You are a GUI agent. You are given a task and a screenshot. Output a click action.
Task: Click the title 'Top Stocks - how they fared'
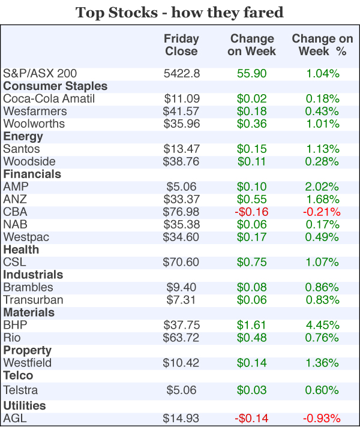[x=179, y=12]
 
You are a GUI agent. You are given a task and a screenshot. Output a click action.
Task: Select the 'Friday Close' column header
[x=181, y=45]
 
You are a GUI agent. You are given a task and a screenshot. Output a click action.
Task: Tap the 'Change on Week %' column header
[x=322, y=45]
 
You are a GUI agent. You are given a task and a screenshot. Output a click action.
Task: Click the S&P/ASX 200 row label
[x=40, y=74]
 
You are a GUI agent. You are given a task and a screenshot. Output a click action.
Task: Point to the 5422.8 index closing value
[x=181, y=74]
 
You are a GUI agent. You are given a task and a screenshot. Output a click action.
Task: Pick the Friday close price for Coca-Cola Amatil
[x=181, y=99]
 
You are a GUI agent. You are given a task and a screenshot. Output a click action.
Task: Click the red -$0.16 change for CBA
[x=252, y=212]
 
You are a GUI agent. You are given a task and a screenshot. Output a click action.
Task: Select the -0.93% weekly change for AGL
[x=322, y=418]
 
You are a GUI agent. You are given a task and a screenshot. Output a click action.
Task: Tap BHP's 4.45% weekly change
[x=322, y=324]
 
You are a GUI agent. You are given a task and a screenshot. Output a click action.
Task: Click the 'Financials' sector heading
[x=32, y=174]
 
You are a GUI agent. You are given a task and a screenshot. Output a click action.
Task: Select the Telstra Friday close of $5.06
[x=181, y=390]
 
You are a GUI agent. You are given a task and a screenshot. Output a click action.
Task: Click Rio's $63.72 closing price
[x=181, y=337]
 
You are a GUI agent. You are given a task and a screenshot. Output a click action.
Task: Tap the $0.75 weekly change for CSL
[x=252, y=262]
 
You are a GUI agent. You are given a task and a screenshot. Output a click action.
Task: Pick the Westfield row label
[x=28, y=362]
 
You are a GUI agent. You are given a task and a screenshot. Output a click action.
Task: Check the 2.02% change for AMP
[x=322, y=187]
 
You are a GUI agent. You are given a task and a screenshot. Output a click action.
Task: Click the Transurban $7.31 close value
[x=181, y=299]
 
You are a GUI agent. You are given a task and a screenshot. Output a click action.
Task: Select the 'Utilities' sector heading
[x=25, y=406]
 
